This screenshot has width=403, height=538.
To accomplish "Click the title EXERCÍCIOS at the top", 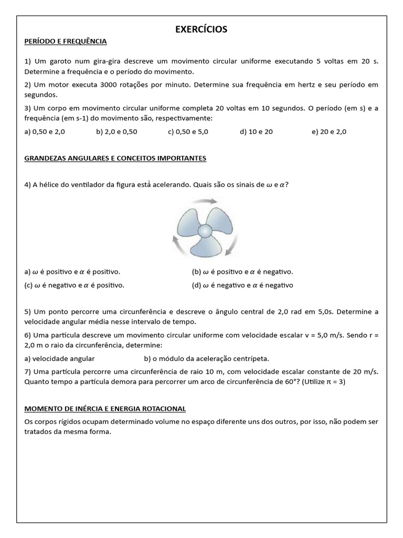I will [x=201, y=29].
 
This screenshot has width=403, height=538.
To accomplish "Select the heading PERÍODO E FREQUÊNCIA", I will [x=66, y=41].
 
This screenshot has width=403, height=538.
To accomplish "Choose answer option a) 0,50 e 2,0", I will [x=45, y=132].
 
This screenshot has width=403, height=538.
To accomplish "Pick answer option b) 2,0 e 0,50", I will [x=116, y=132].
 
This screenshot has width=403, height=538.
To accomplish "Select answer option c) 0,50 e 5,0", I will [x=188, y=132].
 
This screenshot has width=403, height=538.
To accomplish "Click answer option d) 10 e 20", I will [x=256, y=132].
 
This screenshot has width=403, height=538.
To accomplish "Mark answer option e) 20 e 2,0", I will [x=329, y=132].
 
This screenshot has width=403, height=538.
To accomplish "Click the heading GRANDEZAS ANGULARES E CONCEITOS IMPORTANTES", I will [x=115, y=158].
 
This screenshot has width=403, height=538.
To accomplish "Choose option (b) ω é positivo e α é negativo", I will [x=242, y=272].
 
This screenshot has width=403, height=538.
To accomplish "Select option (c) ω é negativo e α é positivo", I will [x=75, y=285].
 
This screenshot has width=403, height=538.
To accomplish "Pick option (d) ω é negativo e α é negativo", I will [x=242, y=285].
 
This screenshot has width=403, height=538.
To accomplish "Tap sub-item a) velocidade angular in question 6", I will [x=59, y=359].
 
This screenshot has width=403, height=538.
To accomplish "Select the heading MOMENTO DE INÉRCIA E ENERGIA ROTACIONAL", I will [x=105, y=409].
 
